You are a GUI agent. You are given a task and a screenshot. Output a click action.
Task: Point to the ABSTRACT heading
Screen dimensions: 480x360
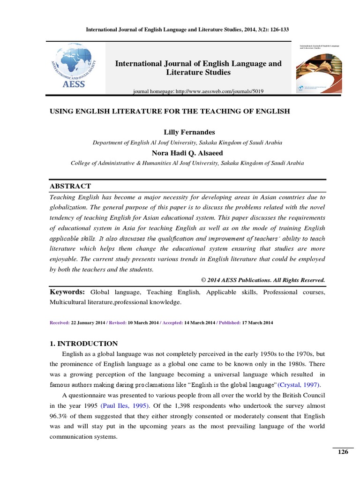coord(70,186)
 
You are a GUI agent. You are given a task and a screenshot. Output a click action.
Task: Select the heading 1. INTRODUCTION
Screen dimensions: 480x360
coord(83,344)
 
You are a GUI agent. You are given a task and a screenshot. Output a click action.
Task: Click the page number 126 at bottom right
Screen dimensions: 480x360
coord(343,452)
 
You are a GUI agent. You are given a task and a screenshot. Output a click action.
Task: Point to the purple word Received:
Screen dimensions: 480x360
coord(59,323)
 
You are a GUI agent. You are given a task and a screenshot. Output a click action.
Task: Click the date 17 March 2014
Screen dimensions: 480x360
coord(257,323)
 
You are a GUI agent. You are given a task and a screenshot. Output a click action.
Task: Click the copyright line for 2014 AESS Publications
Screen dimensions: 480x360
coord(263,280)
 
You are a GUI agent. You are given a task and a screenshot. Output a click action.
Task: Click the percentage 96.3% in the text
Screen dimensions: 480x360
coord(59,416)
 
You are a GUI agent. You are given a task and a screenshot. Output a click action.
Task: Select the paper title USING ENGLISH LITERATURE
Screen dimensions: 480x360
coord(170,111)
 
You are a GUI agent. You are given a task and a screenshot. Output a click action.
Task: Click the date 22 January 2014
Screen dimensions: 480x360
coord(87,323)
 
